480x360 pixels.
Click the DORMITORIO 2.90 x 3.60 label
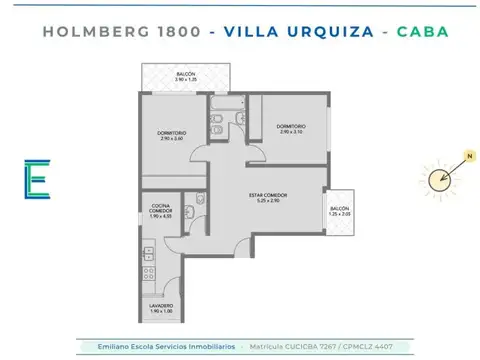click(171, 136)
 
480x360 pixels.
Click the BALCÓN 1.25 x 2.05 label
click(340, 212)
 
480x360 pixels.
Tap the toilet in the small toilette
click(202, 200)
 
